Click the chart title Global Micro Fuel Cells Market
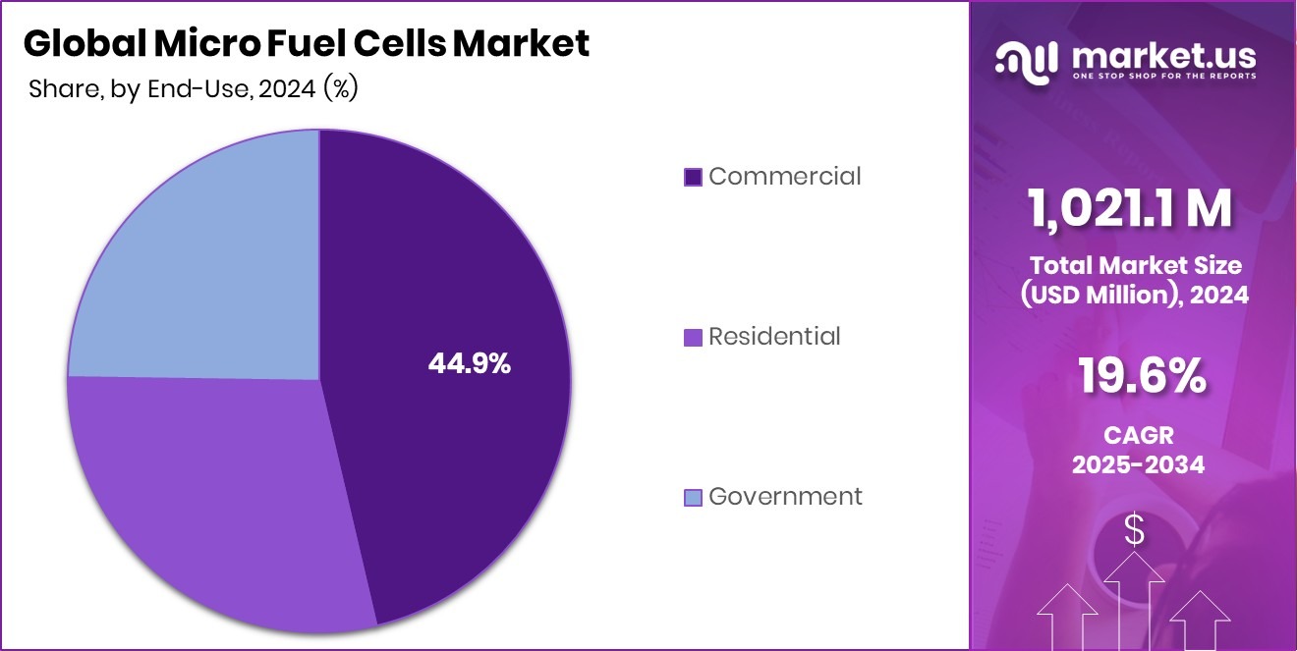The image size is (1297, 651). click(306, 43)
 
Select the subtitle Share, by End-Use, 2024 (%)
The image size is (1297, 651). click(193, 88)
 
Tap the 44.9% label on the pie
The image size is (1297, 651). click(469, 363)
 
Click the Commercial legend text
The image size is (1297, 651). click(784, 177)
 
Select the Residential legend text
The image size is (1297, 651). click(774, 337)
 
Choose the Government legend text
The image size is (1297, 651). click(785, 497)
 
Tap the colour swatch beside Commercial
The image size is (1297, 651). click(693, 178)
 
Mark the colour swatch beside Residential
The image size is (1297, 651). click(693, 338)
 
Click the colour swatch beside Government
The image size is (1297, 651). click(693, 498)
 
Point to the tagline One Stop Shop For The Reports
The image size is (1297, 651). click(1163, 76)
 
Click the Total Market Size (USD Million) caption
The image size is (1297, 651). click(1135, 280)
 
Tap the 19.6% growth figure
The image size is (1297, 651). click(1141, 376)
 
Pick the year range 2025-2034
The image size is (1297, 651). click(1138, 464)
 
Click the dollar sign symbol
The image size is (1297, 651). click(1135, 531)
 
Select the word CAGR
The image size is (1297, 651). click(1138, 434)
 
